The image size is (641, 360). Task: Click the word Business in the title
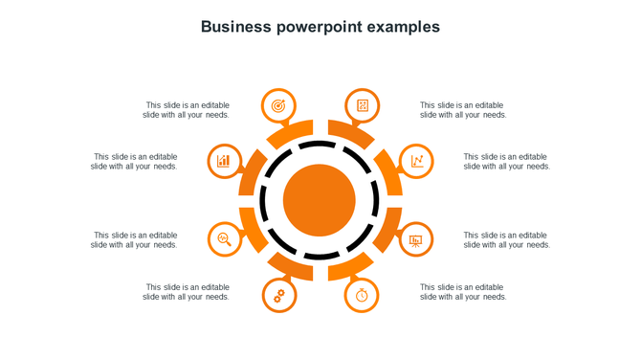236,27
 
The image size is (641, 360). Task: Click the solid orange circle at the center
320,200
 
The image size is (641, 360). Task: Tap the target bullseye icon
278,105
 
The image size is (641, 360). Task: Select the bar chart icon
224,161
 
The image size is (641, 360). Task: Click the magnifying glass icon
224,238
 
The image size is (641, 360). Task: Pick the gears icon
278,296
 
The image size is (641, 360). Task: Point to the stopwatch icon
362,295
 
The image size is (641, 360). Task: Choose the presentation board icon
416,239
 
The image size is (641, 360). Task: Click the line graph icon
416,161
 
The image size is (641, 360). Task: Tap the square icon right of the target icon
362,105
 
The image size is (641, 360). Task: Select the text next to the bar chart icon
135,161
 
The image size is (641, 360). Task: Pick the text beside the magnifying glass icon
135,239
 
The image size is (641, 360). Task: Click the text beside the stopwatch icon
463,291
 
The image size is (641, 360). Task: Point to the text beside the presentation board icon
507,239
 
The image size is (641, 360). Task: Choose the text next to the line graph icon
507,161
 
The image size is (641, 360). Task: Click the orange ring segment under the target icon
292,134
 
